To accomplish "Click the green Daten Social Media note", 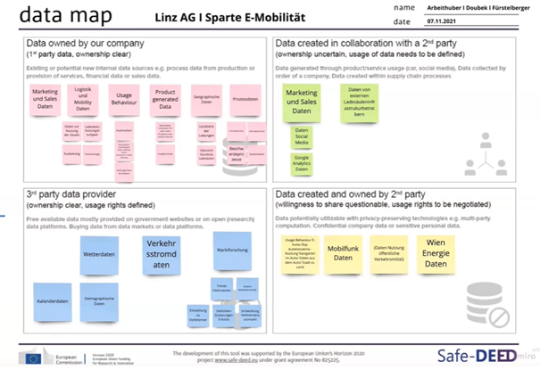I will coord(302,137).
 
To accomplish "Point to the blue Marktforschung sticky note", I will coord(231,238).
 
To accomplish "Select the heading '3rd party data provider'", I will coord(70,195).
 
